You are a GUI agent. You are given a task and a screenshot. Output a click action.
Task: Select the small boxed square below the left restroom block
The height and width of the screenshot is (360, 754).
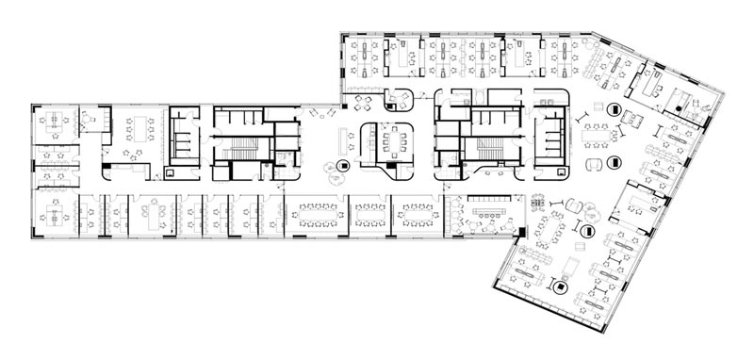click(x=170, y=172)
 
